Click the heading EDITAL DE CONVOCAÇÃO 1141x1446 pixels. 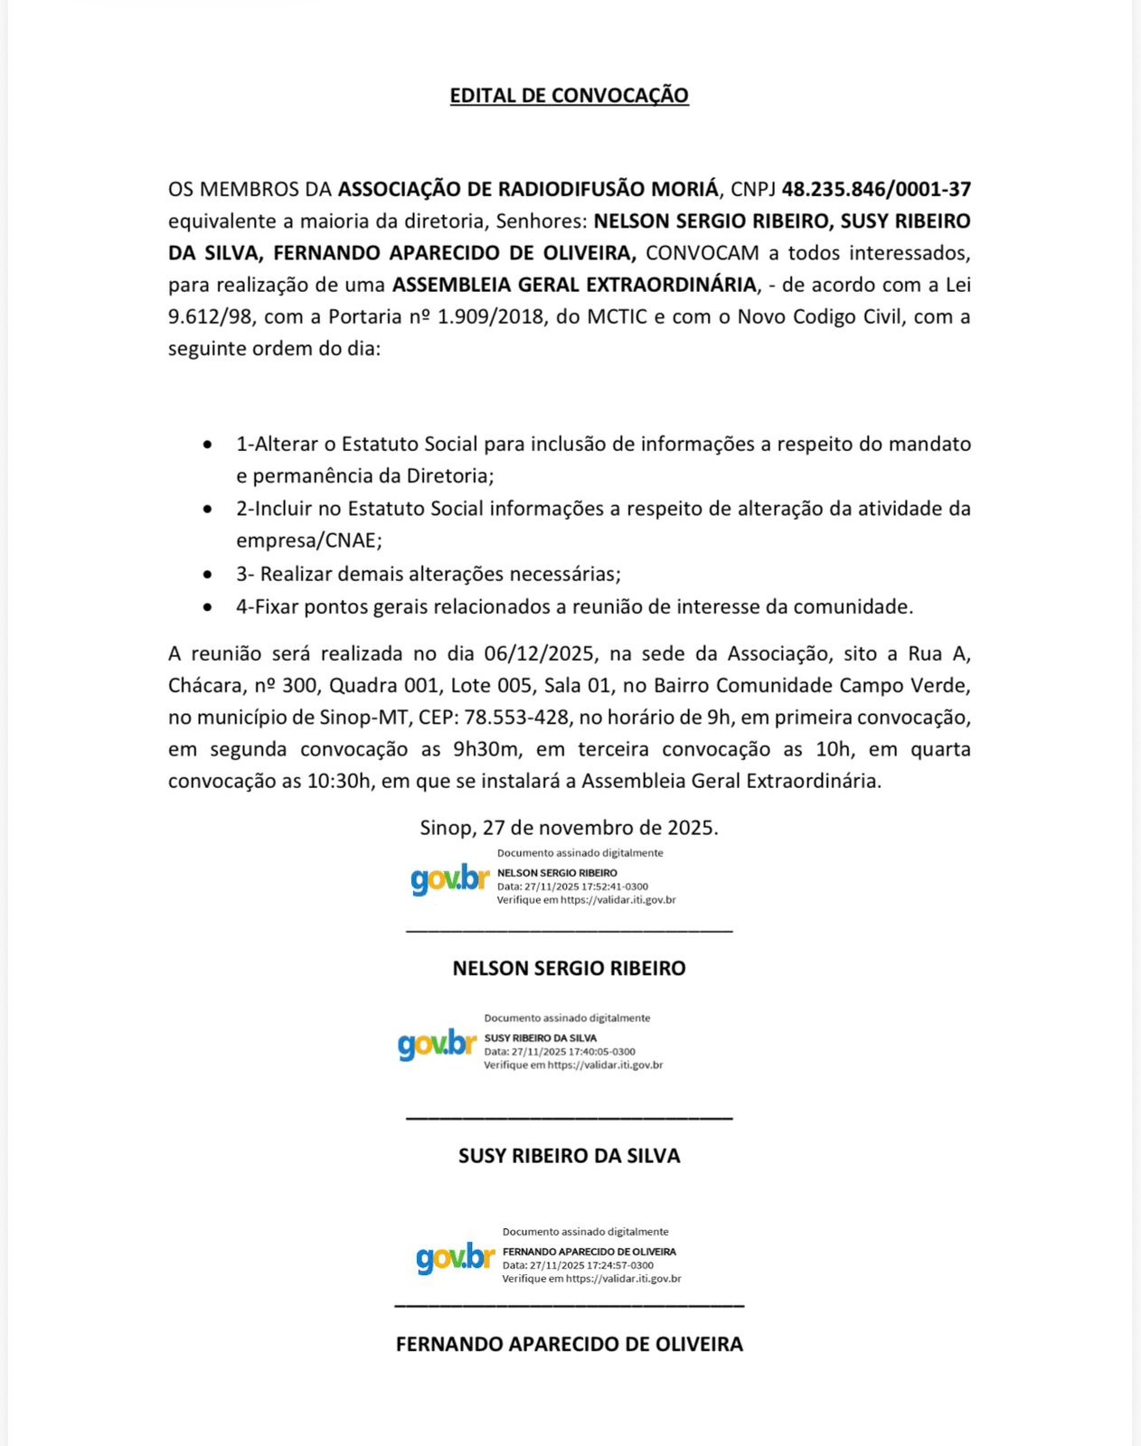coord(569,95)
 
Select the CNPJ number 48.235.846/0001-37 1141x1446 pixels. coord(875,189)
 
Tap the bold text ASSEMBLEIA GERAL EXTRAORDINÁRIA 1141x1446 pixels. coord(574,285)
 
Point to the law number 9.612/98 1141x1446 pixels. coord(212,316)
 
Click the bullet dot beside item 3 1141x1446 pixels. coord(209,575)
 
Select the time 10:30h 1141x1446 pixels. coord(339,781)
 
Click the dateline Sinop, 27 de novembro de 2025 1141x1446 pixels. coord(569,828)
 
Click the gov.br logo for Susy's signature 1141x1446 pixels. coord(437,1045)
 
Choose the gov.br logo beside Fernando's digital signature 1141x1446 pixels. coord(455,1258)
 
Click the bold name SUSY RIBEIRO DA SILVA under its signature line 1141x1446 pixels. coord(569,1155)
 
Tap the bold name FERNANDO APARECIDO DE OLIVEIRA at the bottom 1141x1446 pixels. coord(569,1344)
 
